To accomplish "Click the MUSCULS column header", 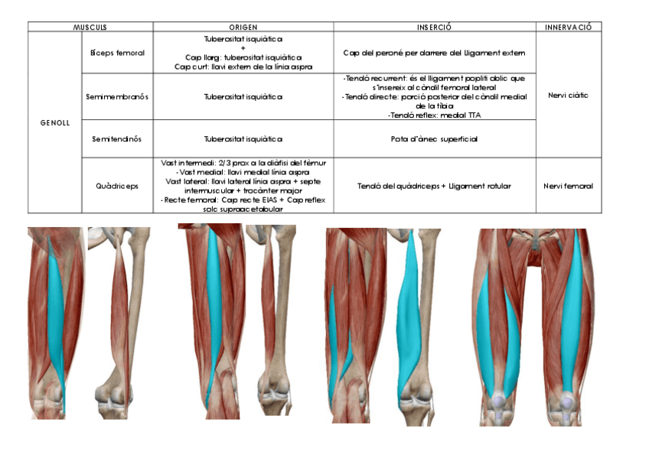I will coord(90,27).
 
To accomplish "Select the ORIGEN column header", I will coord(243,27).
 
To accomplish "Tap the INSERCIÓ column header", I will coord(434,27).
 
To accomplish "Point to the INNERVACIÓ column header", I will coord(568,27).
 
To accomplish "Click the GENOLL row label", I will coord(54,122).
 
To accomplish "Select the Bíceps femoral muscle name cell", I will coord(118,53).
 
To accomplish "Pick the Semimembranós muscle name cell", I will coord(118,96).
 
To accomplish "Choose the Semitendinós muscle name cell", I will coord(118,139).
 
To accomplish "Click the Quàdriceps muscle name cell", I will coord(118,186).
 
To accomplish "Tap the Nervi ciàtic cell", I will coord(568,96).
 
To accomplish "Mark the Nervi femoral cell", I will coord(568,186).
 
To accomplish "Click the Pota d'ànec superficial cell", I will coord(434,139).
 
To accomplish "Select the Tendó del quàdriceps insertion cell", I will coord(434,186).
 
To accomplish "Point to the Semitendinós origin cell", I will coord(243,139).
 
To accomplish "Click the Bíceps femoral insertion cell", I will coord(434,53).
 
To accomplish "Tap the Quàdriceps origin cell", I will coord(243,186).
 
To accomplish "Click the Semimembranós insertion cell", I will coord(434,96).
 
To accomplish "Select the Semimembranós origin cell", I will coord(243,96).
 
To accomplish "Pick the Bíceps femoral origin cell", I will coord(243,53).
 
